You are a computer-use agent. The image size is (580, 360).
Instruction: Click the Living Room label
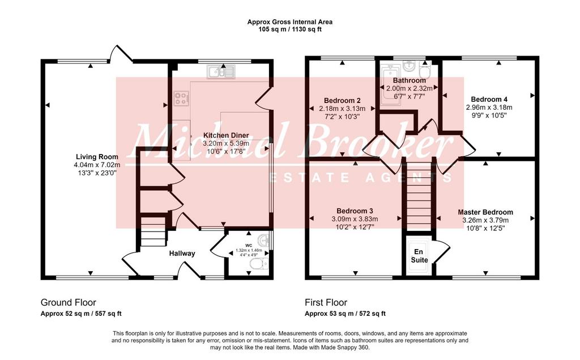[x=97, y=157]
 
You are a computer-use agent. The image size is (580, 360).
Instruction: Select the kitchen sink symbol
[x=221, y=71]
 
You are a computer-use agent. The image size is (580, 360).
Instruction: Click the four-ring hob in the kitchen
[x=181, y=98]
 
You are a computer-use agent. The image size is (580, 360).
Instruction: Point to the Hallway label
[x=182, y=254]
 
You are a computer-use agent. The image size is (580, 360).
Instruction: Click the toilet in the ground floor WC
[x=258, y=264]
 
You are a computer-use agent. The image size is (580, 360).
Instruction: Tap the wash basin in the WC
[x=264, y=239]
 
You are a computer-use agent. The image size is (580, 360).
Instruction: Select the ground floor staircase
[x=153, y=232]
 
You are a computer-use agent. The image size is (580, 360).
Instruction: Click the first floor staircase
[x=419, y=196]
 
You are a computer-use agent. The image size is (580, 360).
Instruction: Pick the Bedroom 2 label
[x=342, y=101]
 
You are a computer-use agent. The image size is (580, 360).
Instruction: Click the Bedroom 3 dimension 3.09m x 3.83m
[x=355, y=219]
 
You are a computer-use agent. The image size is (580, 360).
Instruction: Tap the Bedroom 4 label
[x=489, y=100]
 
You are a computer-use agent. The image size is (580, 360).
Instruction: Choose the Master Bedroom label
[x=485, y=212]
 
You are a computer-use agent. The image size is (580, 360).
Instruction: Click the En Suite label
[x=419, y=256]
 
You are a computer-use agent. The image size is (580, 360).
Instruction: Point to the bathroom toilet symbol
[x=424, y=70]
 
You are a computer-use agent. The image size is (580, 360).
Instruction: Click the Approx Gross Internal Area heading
[x=290, y=22]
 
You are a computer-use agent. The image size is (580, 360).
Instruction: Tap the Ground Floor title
[x=69, y=302]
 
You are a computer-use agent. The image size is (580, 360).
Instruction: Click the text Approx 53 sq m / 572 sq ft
[x=345, y=314]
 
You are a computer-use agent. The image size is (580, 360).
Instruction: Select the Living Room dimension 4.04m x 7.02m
[x=97, y=165]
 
